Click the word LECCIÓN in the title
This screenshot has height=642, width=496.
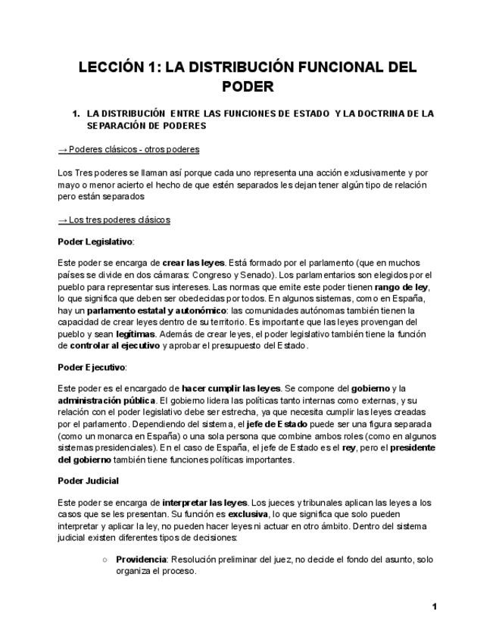111,67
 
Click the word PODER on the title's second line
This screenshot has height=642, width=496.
248,86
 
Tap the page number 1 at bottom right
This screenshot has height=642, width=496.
435,606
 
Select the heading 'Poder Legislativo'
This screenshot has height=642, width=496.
95,242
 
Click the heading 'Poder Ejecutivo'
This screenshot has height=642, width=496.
92,367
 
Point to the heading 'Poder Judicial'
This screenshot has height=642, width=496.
88,481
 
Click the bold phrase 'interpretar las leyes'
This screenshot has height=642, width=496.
204,502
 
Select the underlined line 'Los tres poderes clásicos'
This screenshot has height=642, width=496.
114,220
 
